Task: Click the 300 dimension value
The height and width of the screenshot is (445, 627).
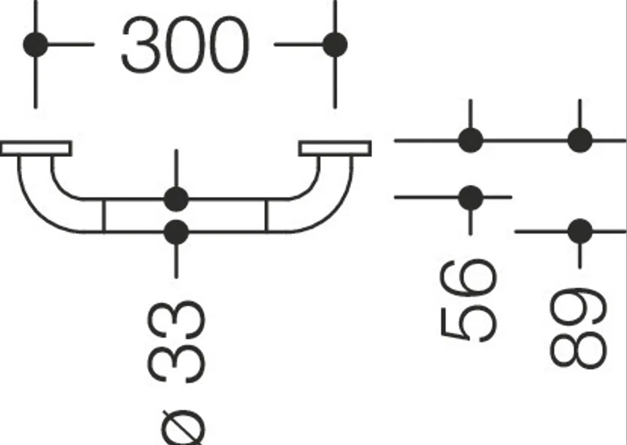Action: click(185, 45)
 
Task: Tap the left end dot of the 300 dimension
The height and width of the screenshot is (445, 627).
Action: click(36, 45)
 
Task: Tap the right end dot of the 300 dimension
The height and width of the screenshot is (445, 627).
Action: click(335, 45)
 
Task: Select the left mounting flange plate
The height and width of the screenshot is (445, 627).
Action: click(36, 148)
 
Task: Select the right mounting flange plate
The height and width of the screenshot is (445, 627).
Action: click(335, 148)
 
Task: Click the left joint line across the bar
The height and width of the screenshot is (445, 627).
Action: click(104, 215)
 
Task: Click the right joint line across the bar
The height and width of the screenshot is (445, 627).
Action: click(267, 215)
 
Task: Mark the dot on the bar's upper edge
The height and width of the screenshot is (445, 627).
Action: click(176, 199)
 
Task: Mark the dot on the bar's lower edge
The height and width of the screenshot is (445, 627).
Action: click(176, 232)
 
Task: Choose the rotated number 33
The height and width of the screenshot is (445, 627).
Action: click(176, 342)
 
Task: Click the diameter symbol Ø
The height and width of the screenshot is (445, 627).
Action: click(183, 428)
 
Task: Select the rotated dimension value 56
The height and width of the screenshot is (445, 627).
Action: click(468, 301)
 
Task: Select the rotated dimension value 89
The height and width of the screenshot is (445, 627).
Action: click(579, 328)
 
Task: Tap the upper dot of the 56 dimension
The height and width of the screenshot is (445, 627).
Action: click(471, 141)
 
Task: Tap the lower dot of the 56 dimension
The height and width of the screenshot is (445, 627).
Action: click(471, 198)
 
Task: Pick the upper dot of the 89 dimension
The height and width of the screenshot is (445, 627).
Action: click(580, 141)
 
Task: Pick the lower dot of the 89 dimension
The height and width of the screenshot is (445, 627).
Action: click(580, 231)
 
